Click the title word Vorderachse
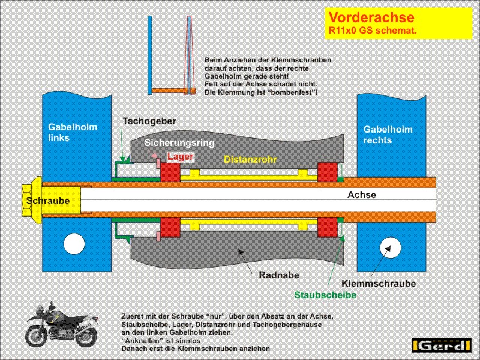coord(371,17)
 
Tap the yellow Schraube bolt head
coord(32,200)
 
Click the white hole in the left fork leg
coord(74,244)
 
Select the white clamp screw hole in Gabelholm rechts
coord(391,247)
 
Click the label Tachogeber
coord(149,121)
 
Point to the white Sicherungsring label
coord(179,143)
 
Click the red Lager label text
coord(181,157)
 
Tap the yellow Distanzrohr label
coord(250,159)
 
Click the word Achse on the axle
coord(362,194)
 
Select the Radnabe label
coord(279,275)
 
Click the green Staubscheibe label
coord(325,295)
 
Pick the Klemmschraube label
coord(379,283)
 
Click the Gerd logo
coord(442,346)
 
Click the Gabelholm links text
coord(73,132)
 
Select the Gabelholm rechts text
coord(388,134)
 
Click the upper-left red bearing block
coord(170,172)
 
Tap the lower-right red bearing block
coord(328,227)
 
